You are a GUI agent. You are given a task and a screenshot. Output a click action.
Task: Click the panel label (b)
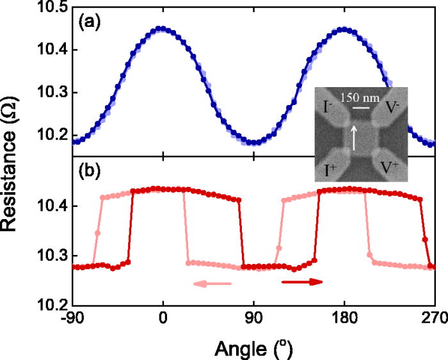click(89, 172)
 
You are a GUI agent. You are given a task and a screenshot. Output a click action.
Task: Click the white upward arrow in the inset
click(351, 137)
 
